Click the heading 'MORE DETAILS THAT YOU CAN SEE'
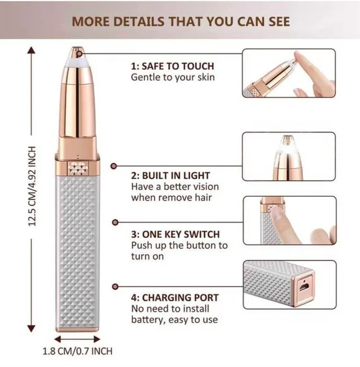(x=181, y=21)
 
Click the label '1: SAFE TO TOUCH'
(x=172, y=66)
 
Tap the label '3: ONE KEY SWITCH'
(x=175, y=234)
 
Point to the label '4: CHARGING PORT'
(x=174, y=297)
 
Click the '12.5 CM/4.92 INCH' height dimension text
(x=32, y=187)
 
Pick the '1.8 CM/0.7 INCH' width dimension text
(x=78, y=351)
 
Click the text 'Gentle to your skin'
(x=173, y=77)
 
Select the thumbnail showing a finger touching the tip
(x=289, y=73)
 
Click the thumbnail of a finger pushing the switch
(x=289, y=220)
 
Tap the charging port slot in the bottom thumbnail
(x=304, y=285)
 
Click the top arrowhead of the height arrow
(x=32, y=51)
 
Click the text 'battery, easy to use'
(x=174, y=320)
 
